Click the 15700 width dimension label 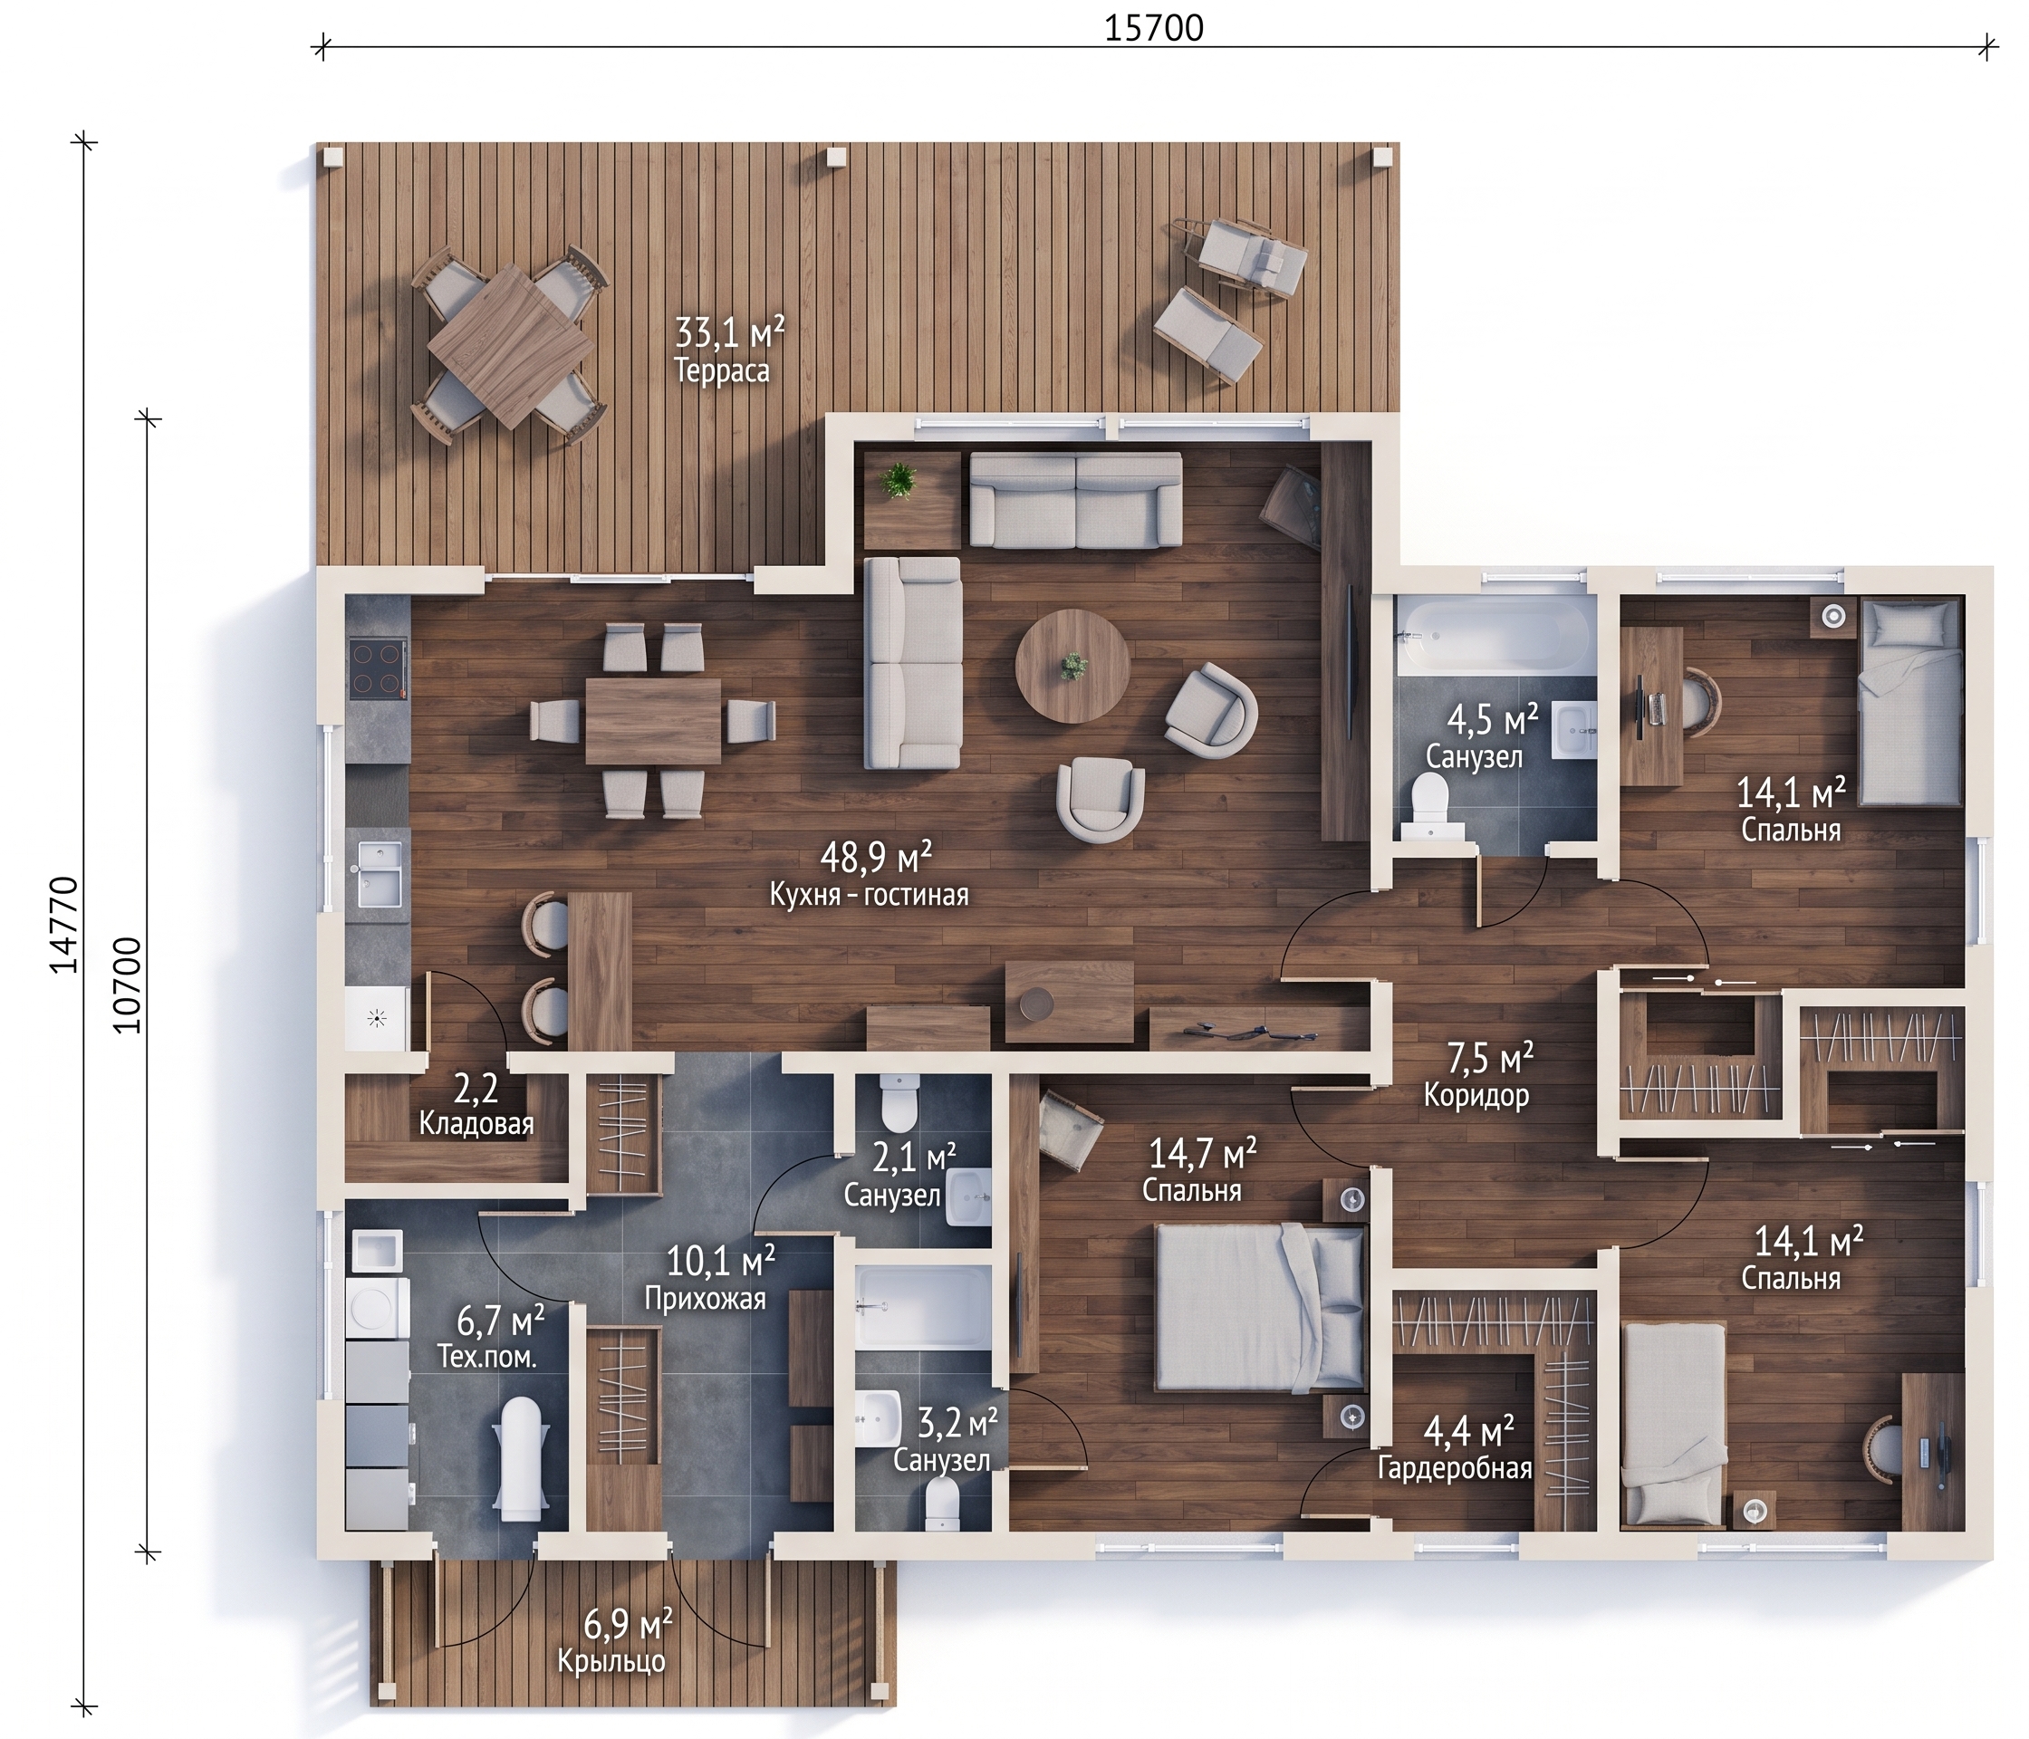tap(1154, 27)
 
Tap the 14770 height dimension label tap(64, 925)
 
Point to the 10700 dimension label tap(129, 985)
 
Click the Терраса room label tap(722, 371)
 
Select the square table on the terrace tap(510, 348)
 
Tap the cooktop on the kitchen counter tap(379, 668)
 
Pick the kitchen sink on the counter tap(379, 873)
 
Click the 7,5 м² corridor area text tap(1490, 1056)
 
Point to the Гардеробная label tap(1455, 1469)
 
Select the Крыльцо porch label tap(612, 1662)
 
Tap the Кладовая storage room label tap(476, 1123)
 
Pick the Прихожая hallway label tap(705, 1299)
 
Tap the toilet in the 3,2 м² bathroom tap(942, 1503)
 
